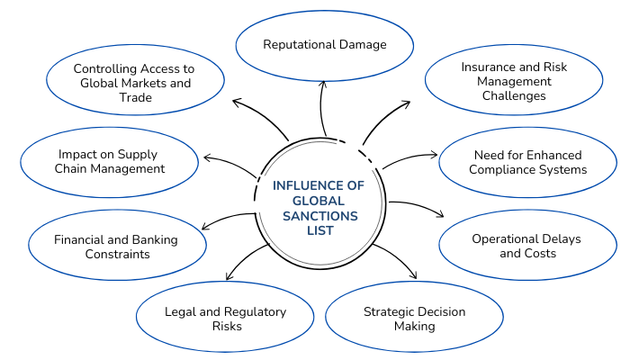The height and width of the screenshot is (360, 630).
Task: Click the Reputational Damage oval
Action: point(324,44)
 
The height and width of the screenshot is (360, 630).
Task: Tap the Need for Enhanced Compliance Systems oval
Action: point(527,162)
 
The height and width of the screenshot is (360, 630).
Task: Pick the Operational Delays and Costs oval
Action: point(527,246)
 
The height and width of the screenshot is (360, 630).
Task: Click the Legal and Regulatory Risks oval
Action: point(225,319)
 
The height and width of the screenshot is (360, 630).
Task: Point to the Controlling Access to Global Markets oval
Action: point(134,82)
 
